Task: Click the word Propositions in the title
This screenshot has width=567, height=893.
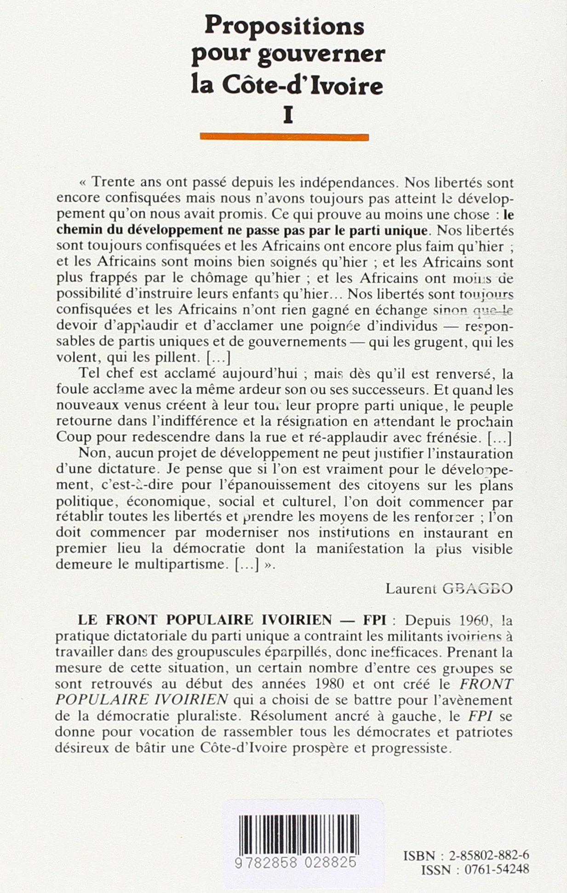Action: pos(284,26)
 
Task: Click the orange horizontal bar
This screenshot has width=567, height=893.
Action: pos(284,137)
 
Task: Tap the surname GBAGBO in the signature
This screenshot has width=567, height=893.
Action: pos(476,589)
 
